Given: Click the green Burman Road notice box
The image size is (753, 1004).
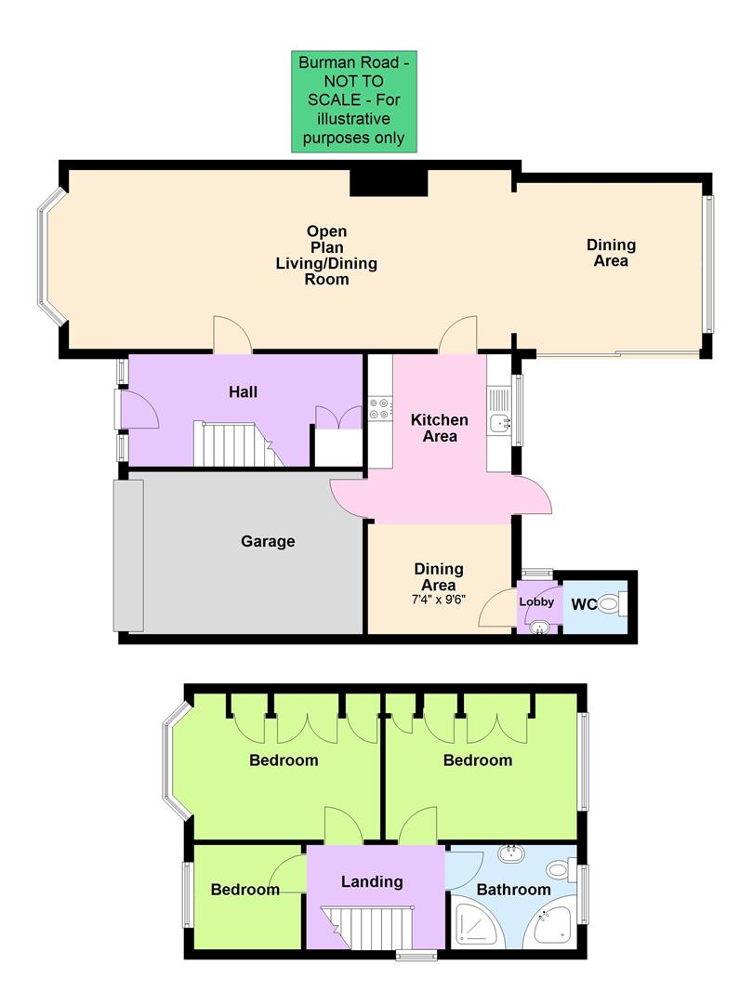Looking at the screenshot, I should coord(353,100).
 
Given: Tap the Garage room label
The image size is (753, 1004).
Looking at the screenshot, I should coord(268,541).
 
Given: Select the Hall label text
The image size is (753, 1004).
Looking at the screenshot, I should coord(243,392).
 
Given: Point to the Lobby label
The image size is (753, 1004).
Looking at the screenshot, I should coord(536,602).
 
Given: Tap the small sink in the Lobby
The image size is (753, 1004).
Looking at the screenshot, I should coord(538,627).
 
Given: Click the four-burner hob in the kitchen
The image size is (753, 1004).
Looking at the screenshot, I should coord(380,406).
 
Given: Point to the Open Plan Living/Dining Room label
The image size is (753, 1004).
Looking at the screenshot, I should coord(326,255).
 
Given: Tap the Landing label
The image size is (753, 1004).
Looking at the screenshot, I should coord(372,881).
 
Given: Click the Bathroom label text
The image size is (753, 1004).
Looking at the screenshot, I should coord(514,890).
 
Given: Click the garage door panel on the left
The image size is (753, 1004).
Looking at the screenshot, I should coord(129,555).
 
